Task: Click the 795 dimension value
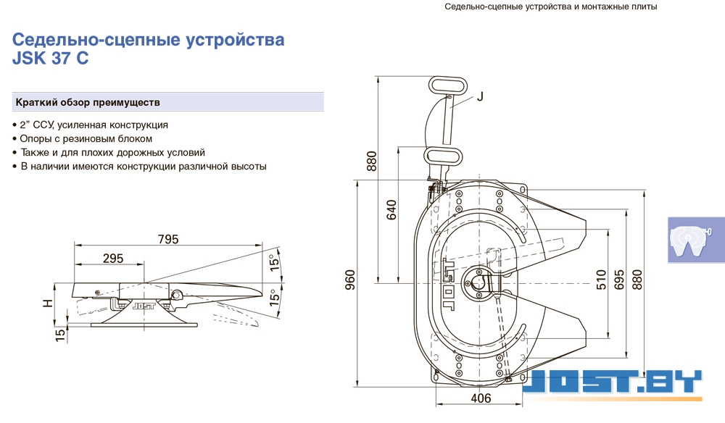click(x=168, y=239)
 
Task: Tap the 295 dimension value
click(x=113, y=259)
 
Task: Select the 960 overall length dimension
click(x=350, y=280)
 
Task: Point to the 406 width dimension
click(x=481, y=398)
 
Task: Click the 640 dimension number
click(x=391, y=210)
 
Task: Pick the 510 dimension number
click(x=600, y=280)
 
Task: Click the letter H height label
click(x=47, y=303)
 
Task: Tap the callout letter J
click(x=480, y=96)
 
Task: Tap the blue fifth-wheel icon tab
click(x=696, y=240)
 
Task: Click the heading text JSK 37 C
click(x=51, y=59)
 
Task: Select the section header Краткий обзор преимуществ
click(x=88, y=102)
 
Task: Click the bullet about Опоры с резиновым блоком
click(x=83, y=138)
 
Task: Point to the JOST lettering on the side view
click(x=144, y=306)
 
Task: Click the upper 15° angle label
click(x=275, y=261)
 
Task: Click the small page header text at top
click(x=551, y=7)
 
